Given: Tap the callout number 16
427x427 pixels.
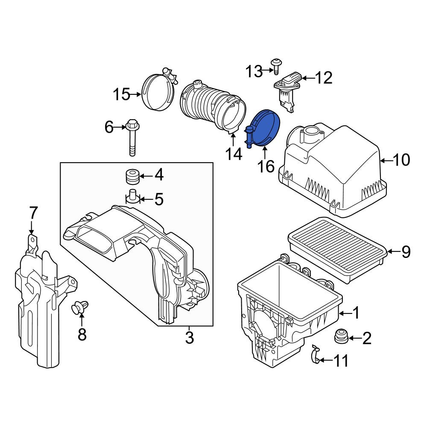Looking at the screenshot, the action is [x=266, y=167].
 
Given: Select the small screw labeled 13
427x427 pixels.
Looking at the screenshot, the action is [x=276, y=66].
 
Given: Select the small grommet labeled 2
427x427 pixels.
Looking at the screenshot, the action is [x=341, y=337].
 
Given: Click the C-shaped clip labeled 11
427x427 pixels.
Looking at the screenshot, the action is [x=316, y=354].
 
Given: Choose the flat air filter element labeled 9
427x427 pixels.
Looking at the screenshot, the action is [x=338, y=250].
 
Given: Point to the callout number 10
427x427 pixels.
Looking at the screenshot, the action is [x=402, y=160].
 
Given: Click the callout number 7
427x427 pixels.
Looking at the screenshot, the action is [x=33, y=213].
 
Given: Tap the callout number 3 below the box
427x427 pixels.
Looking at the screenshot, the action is [x=189, y=338].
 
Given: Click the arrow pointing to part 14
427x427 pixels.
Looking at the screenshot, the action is [x=234, y=140].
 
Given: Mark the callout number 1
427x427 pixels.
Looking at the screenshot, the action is [x=356, y=313].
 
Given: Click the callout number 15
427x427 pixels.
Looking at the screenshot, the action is [x=122, y=94].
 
